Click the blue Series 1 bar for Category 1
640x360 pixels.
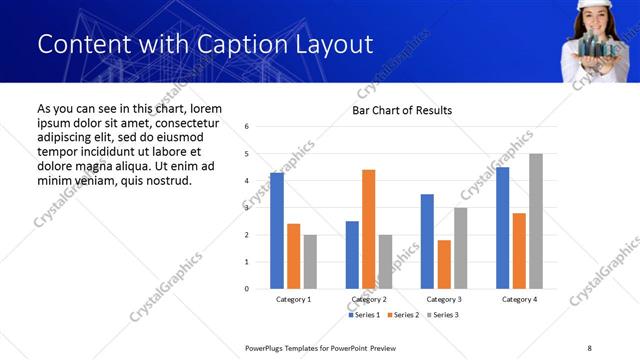(277, 231)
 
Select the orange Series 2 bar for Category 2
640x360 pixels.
(368, 229)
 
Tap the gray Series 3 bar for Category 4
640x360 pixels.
(536, 221)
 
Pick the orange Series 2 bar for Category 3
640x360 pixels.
(444, 264)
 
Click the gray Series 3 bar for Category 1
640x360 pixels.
(310, 262)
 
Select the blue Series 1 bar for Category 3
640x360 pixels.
(427, 241)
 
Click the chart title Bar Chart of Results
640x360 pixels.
(402, 110)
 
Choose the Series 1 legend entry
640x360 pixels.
(363, 315)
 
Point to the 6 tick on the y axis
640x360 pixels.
(247, 127)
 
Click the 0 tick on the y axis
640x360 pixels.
(247, 289)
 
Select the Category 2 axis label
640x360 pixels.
(369, 300)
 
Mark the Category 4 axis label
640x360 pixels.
(519, 300)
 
